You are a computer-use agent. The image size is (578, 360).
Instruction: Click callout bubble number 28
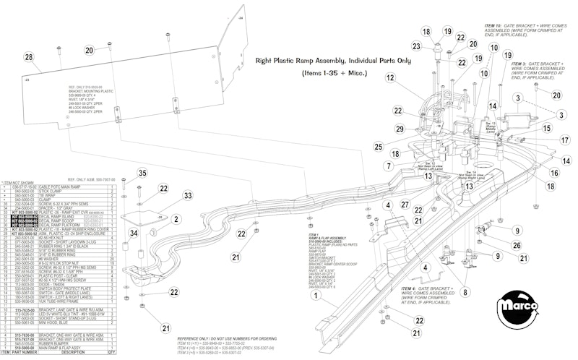click(28, 57)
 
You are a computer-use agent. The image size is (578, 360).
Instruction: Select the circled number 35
click(142, 173)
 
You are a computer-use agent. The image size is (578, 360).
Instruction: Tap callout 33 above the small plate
click(167, 196)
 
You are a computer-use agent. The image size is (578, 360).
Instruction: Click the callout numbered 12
click(391, 77)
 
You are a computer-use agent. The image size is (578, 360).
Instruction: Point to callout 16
click(554, 173)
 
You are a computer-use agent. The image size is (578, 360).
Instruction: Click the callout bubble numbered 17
click(564, 141)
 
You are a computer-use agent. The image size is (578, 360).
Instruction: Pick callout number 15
click(547, 128)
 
